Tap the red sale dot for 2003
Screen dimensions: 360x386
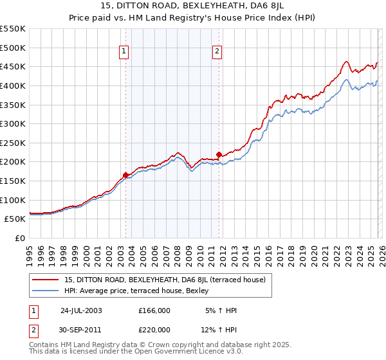[x=125, y=174]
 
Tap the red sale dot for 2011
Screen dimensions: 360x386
[x=219, y=154]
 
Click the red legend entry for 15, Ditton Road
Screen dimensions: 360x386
[x=169, y=280]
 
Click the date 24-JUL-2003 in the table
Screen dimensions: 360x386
[x=81, y=310]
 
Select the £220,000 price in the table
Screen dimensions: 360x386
[x=154, y=329]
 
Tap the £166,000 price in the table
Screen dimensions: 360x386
[x=154, y=310]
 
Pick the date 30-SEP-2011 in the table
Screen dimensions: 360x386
[x=81, y=329]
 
